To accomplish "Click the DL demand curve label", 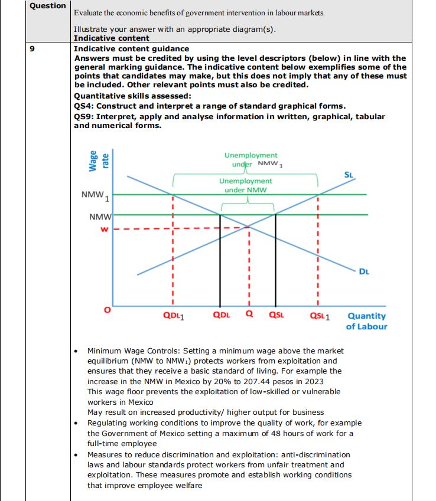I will [x=365, y=271].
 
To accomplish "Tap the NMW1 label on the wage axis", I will [x=96, y=195].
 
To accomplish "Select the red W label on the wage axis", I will [x=104, y=230].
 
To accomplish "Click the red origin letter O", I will [x=107, y=310].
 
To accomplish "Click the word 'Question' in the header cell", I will [x=48, y=6].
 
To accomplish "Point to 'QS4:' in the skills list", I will [x=84, y=106].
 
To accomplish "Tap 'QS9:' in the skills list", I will [x=84, y=116].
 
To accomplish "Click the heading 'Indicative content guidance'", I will [x=131, y=48].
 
